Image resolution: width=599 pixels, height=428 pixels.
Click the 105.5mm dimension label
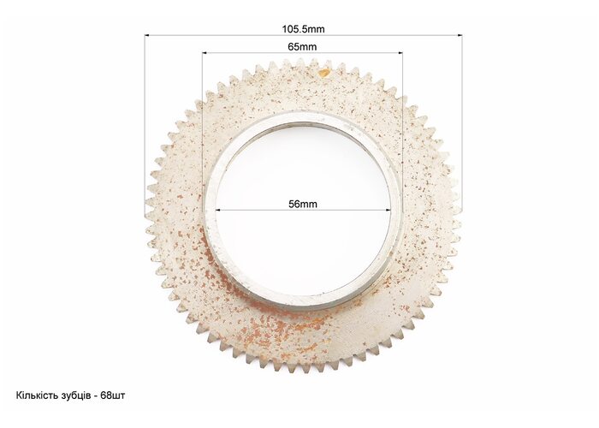303,29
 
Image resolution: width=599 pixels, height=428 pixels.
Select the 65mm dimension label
302,46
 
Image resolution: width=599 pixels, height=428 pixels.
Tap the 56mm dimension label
303,204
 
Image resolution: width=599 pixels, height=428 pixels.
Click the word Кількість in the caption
37,395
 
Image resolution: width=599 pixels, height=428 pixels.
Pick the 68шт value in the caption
113,395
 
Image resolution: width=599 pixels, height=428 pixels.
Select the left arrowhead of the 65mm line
205,53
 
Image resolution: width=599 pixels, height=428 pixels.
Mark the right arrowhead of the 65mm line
400,53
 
